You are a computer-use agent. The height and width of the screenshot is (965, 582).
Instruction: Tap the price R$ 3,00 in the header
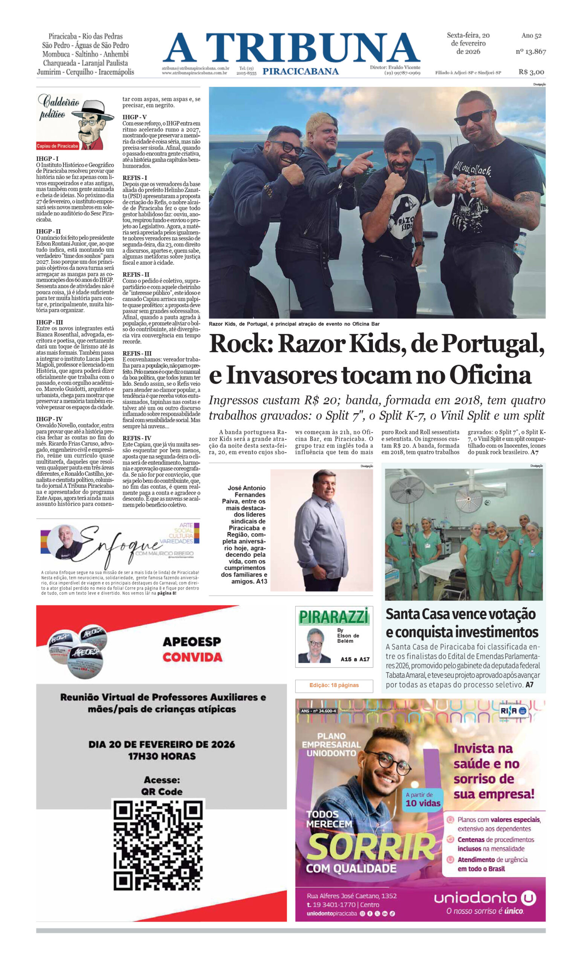click(x=531, y=72)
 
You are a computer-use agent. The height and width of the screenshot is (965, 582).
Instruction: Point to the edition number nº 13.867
click(x=530, y=51)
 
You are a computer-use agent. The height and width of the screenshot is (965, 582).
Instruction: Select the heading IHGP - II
click(x=49, y=231)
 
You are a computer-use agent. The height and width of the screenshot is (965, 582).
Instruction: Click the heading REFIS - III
click(x=137, y=353)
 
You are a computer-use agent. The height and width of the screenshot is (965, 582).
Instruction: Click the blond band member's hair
click(x=324, y=119)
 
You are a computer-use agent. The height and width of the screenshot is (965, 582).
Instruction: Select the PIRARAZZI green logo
click(x=333, y=617)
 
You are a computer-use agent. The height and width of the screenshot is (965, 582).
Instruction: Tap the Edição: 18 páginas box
click(x=333, y=685)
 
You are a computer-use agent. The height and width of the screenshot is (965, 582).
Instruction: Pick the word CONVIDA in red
click(x=192, y=657)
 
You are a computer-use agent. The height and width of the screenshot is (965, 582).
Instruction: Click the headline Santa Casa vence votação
click(x=460, y=614)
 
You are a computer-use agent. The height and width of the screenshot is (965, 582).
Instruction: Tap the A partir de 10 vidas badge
click(x=423, y=799)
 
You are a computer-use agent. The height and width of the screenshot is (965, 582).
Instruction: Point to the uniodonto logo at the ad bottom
click(x=484, y=898)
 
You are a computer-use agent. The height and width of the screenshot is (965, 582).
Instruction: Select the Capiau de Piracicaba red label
click(x=58, y=146)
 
